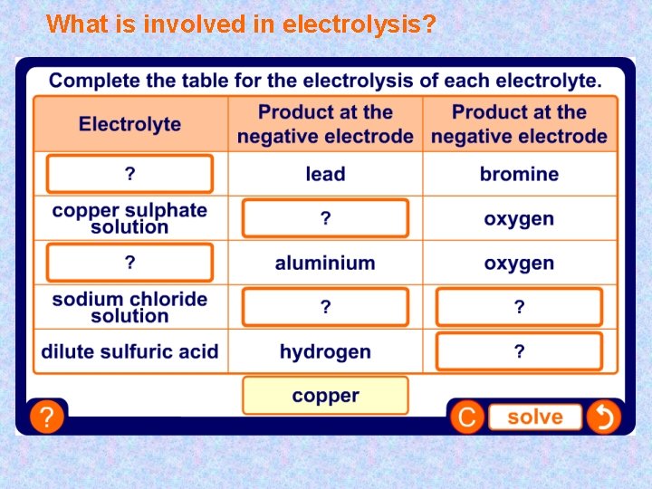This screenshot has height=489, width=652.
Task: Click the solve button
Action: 534,417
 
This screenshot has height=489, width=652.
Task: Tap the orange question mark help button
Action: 46,417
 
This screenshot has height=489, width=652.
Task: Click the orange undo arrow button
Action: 602,417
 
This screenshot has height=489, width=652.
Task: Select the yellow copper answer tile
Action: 325,396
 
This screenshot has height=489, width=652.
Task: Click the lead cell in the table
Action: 325,174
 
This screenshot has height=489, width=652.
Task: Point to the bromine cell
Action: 519,174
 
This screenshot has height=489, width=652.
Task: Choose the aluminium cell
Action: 325,264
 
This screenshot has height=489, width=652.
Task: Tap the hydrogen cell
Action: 325,351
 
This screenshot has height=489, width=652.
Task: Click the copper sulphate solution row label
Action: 129,218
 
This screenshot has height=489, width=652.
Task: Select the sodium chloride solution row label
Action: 129,307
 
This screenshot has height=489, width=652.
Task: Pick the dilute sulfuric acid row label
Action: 129,351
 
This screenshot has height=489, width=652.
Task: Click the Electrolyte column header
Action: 129,124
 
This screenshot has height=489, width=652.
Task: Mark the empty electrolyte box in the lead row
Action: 129,174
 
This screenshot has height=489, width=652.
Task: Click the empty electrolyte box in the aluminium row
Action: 129,264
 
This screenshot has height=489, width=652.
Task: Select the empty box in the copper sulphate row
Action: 325,218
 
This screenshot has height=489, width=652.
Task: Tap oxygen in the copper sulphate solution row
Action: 519,218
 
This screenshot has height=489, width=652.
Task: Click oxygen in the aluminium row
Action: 519,264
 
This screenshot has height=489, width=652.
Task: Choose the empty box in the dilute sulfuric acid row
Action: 519,351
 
